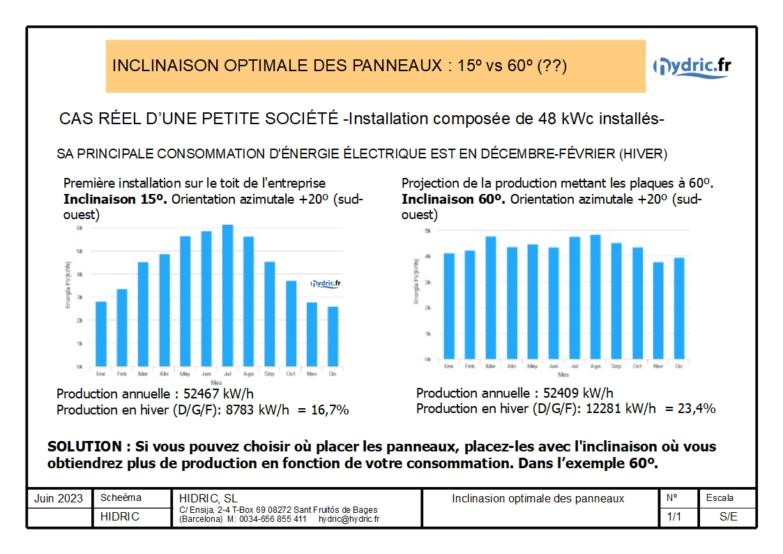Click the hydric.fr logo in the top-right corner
click(692, 66)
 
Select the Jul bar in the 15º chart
click(227, 296)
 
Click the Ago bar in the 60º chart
click(595, 297)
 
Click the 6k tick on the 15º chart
click(79, 228)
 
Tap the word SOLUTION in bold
click(84, 447)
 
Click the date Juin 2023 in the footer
click(59, 499)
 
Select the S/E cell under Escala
click(728, 517)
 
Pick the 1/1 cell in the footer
click(674, 517)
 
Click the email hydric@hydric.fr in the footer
click(349, 519)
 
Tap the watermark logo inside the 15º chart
click(325, 283)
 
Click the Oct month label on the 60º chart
click(637, 366)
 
